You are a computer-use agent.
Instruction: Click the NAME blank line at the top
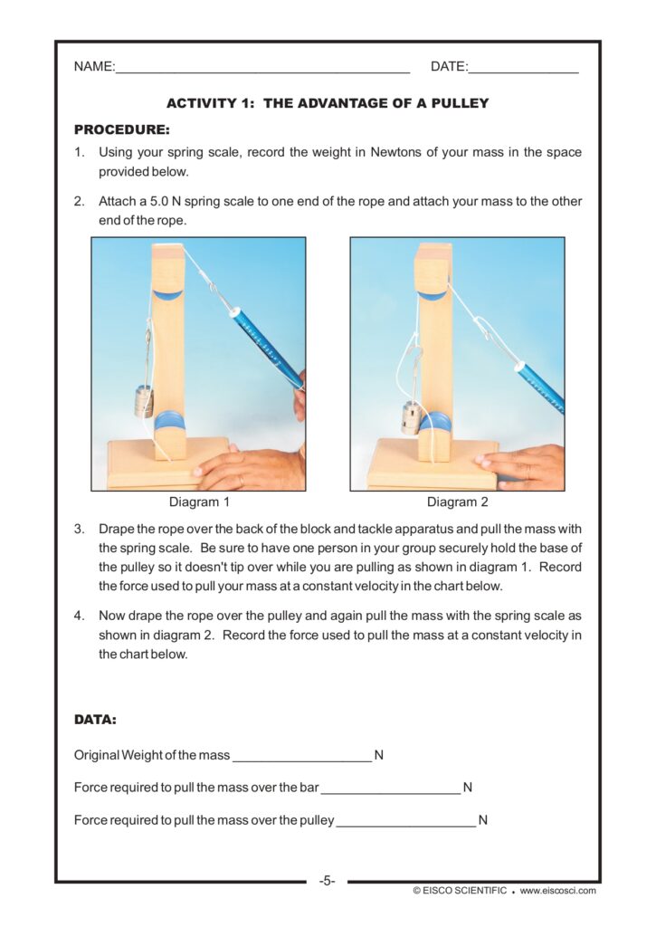tap(262, 69)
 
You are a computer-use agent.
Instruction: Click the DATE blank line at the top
tap(524, 69)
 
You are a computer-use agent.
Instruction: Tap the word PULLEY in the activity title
tap(456, 103)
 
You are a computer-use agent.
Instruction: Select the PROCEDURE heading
tap(121, 129)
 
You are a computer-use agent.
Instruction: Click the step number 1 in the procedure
tap(80, 152)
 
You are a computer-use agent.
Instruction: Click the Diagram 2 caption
tap(458, 502)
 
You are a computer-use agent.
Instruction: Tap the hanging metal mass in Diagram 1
tap(144, 401)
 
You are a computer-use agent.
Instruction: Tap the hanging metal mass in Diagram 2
tap(411, 418)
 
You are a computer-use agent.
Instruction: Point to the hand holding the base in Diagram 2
tap(525, 465)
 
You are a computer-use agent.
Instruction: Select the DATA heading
tap(95, 721)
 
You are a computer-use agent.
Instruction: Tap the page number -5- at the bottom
tap(327, 880)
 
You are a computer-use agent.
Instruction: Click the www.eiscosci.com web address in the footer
tap(557, 891)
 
